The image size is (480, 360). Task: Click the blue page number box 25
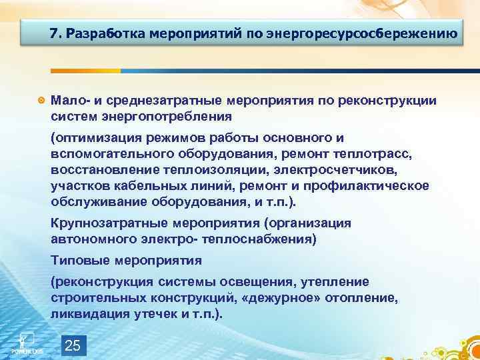pyautogui.click(x=73, y=345)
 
